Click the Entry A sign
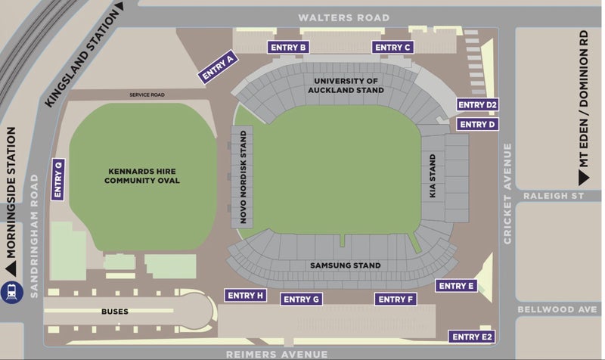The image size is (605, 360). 219,67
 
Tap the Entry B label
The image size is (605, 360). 288,48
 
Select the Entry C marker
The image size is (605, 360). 392,48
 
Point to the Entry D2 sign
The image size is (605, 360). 477,105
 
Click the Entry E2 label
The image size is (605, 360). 471,337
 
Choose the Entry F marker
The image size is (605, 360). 396,299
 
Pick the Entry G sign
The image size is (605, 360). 302,299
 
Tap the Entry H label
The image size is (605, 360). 245,295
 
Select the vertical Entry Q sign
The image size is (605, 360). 58,179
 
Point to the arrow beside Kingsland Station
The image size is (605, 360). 119,7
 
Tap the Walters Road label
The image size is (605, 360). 344,17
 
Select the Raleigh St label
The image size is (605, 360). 560,195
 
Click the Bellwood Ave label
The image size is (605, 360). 557,309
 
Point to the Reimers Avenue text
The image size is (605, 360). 277,354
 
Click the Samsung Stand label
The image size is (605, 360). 345,265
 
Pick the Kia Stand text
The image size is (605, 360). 433,176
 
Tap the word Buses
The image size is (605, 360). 115,311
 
